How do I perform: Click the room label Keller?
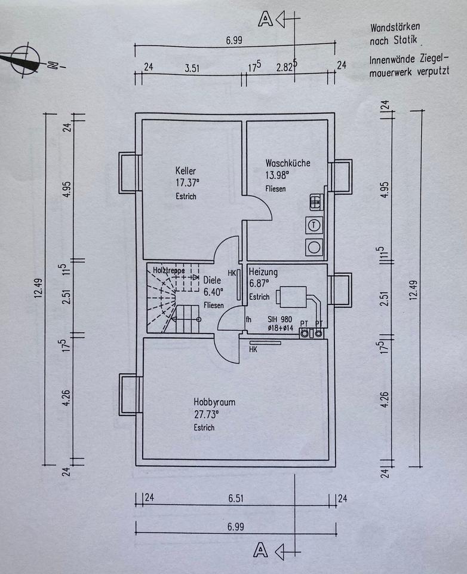185,170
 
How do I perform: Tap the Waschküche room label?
288,163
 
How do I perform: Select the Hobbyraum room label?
214,402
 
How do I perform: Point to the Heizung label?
263,272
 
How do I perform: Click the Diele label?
212,280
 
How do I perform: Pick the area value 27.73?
206,414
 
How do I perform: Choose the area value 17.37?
188,182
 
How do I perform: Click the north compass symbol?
26,60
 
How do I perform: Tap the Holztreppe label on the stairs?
168,270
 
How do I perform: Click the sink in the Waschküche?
316,201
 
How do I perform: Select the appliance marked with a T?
314,225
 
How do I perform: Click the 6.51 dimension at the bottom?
236,498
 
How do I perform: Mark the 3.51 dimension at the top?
192,68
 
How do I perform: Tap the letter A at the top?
265,19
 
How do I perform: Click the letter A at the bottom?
260,549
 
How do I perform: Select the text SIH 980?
279,319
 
